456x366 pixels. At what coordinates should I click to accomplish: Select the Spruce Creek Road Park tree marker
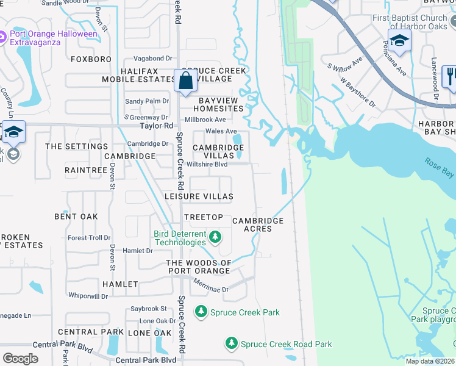231,344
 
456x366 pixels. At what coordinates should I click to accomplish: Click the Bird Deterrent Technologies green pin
214,236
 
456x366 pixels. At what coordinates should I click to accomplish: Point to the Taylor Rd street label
156,126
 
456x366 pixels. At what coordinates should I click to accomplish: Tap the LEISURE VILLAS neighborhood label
199,196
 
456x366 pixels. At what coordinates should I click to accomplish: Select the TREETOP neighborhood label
203,217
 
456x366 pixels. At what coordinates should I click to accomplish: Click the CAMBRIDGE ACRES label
258,224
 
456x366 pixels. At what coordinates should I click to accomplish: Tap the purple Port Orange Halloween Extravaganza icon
4,38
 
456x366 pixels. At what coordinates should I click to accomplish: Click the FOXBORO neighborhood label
91,59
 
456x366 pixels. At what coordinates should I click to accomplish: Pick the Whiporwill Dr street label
88,296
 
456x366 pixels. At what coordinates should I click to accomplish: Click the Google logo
20,358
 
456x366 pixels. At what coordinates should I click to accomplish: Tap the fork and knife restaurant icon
451,76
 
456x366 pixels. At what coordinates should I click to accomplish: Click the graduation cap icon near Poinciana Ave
399,41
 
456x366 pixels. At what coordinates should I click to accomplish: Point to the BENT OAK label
76,217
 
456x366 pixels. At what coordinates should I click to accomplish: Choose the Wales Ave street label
221,131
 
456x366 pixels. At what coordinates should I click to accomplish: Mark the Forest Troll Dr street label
89,238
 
